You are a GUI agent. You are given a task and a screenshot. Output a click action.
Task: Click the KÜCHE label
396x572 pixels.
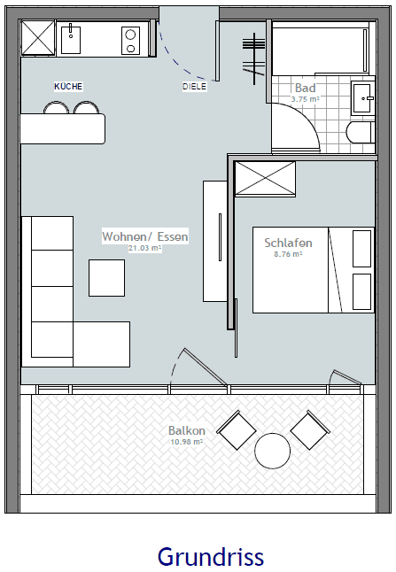coord(68,86)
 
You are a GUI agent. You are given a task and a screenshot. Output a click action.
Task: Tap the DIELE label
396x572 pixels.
coord(194,87)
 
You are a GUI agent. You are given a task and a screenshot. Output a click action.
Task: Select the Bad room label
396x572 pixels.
coord(305,89)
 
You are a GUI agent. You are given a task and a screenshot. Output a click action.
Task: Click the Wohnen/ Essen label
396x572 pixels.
coord(145,237)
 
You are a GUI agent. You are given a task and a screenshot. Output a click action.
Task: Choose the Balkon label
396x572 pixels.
coord(186,431)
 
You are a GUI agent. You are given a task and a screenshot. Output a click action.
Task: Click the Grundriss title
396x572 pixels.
coord(210,556)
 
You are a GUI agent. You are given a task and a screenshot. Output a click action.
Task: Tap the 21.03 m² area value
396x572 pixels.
coord(145,249)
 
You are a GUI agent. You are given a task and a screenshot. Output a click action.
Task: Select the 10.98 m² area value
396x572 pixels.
coord(186,441)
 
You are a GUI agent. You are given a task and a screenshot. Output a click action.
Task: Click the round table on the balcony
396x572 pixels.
coord(273,451)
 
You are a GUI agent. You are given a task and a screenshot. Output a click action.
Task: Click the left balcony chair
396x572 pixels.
coord(237,431)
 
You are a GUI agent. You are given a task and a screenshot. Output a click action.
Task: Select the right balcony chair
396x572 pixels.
coord(309,430)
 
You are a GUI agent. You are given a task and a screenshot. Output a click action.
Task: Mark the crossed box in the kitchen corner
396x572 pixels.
coord(38,38)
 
